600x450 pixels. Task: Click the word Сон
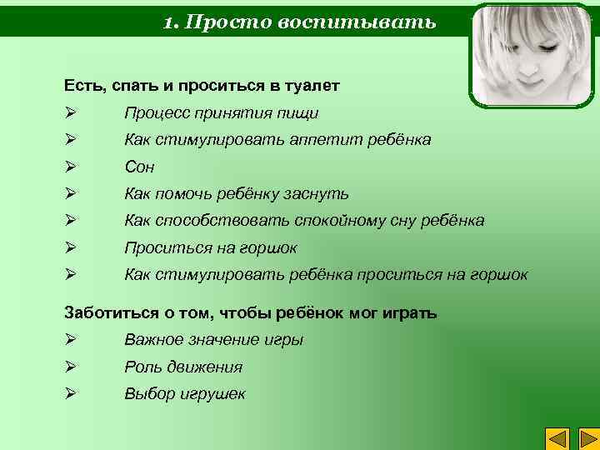pos(140,167)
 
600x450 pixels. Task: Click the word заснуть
pos(318,193)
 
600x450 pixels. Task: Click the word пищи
pos(301,112)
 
